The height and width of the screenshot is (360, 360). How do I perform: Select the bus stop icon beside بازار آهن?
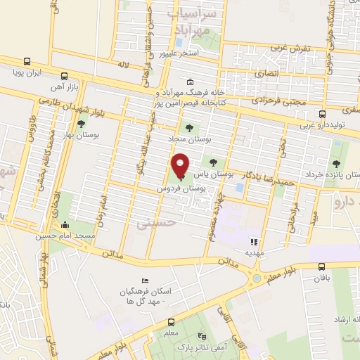coord(65,76)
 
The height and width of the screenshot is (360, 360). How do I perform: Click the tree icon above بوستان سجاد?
coord(188,129)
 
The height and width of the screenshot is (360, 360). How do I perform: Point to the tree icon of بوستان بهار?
coord(81,124)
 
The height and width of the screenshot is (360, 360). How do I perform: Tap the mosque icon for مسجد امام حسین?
coord(65,225)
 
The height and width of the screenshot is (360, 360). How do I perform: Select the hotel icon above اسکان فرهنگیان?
coord(145,281)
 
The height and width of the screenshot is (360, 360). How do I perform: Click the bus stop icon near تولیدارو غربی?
coord(322,114)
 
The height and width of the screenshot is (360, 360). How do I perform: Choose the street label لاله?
coord(124,65)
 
